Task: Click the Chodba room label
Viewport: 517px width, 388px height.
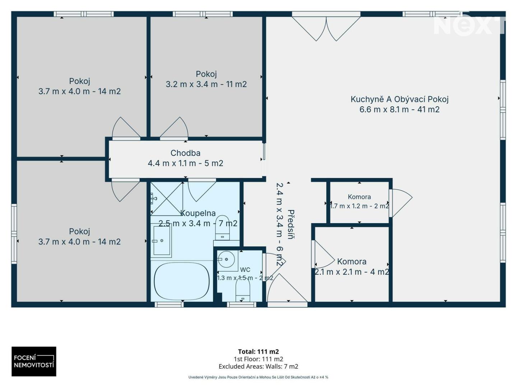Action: [x=185, y=153]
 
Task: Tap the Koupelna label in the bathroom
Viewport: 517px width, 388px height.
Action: [x=198, y=213]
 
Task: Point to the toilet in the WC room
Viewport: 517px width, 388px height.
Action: [x=243, y=291]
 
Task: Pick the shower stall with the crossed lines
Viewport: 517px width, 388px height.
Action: [x=167, y=199]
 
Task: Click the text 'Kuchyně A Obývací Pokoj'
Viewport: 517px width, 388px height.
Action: [x=400, y=99]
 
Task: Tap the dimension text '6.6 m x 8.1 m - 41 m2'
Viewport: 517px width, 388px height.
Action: [x=400, y=110]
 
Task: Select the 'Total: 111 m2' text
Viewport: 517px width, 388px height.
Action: [x=258, y=352]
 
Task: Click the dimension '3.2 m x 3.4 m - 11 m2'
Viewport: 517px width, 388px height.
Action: [x=206, y=84]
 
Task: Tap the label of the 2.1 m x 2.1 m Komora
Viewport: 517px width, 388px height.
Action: [x=351, y=262]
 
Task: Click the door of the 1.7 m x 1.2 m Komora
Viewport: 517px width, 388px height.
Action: [x=400, y=203]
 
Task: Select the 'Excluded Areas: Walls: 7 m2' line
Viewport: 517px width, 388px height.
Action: [x=258, y=366]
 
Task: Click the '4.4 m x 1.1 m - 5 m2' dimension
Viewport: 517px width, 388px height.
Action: [x=185, y=163]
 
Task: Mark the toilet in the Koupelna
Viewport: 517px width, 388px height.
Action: [x=222, y=227]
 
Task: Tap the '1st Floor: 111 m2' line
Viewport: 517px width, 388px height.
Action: [x=258, y=359]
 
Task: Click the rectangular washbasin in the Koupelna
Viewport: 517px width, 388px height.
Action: [x=162, y=241]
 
